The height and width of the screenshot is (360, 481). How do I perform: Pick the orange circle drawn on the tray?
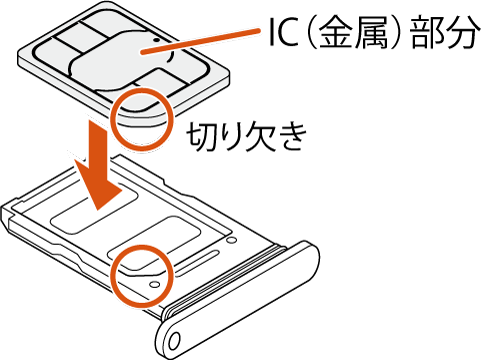[140, 274]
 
